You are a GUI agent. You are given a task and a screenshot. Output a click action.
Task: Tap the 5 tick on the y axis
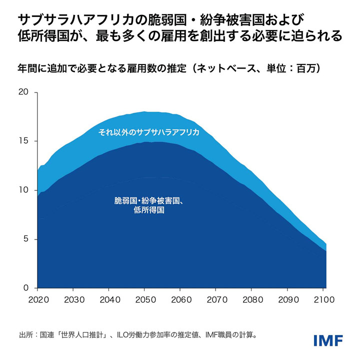click(26, 239)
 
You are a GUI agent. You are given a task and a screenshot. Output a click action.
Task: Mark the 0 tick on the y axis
click(26, 288)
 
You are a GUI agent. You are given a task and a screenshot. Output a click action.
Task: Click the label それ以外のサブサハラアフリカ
click(148, 132)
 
